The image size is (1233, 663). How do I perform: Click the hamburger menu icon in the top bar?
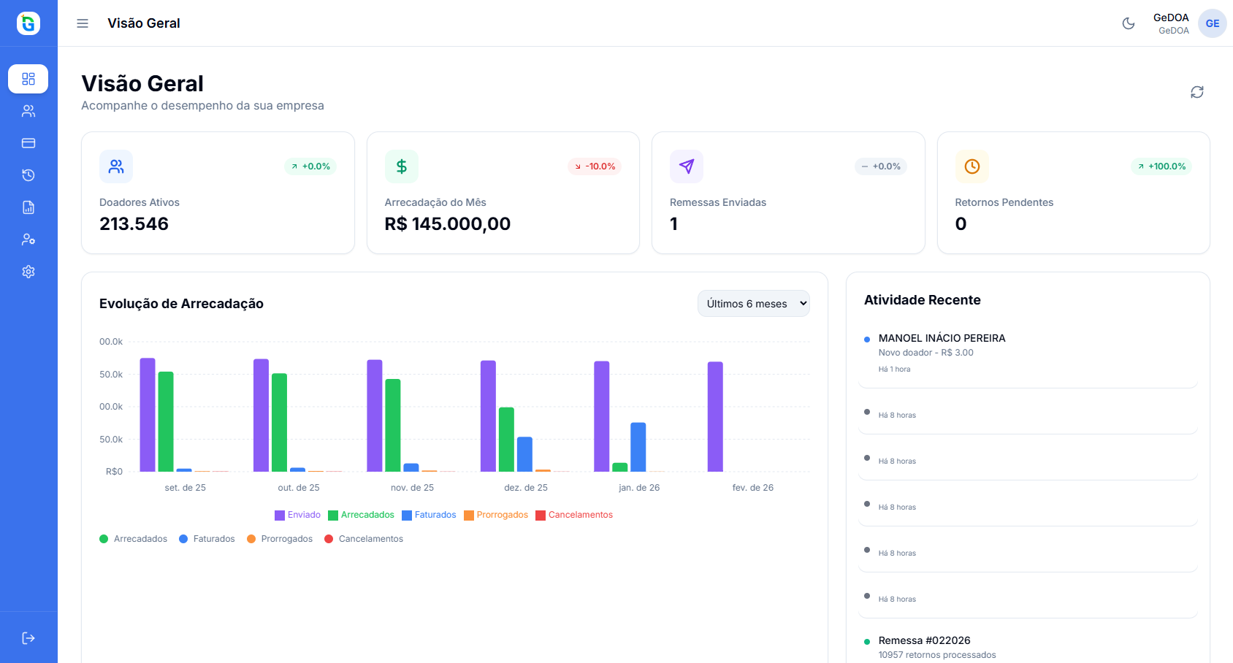[83, 23]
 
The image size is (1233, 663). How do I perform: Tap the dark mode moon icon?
[1129, 23]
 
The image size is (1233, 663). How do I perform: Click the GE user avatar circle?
[1212, 23]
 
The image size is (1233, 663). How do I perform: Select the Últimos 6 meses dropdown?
[753, 304]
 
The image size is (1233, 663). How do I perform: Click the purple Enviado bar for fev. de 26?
[715, 416]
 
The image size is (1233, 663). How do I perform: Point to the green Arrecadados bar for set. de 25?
[166, 421]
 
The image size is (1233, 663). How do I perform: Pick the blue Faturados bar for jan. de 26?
[638, 447]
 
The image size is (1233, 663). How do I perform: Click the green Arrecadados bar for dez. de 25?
[506, 439]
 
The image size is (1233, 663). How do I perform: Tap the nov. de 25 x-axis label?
[412, 488]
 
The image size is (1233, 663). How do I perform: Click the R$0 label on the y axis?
[114, 472]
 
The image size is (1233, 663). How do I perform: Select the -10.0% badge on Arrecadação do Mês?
[595, 166]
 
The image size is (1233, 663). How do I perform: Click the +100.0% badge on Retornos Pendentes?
[1161, 166]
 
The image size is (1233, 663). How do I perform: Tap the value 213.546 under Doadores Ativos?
[134, 224]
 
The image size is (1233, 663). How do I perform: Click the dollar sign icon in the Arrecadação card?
[401, 166]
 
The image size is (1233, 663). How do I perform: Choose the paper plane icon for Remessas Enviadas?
[687, 166]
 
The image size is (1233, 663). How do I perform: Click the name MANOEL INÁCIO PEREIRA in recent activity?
[942, 338]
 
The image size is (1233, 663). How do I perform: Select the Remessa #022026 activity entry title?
[924, 640]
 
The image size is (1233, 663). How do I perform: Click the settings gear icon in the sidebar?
[28, 272]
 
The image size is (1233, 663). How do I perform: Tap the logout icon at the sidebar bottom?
[28, 638]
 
